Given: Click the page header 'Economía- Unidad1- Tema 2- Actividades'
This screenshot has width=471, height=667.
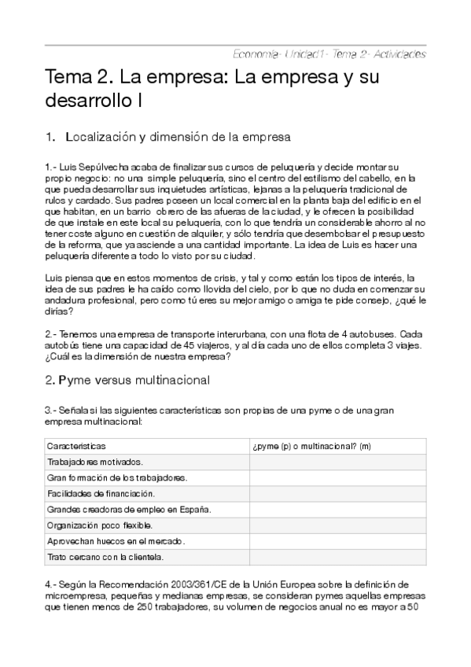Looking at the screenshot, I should coord(329,54).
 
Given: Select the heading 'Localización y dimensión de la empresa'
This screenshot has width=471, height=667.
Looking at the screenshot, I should coord(178,137).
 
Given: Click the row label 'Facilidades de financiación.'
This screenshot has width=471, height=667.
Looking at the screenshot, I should coord(101,494).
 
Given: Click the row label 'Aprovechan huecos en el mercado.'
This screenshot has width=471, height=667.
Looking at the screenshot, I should coord(116,541).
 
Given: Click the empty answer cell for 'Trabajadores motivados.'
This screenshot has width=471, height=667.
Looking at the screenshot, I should coord(337,462).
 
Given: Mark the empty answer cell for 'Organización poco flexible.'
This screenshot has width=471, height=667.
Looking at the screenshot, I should coord(337,525).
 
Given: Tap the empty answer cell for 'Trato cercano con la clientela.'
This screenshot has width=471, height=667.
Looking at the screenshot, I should coord(337,557).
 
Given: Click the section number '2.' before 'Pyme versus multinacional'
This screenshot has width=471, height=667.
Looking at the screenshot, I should coord(49,380).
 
